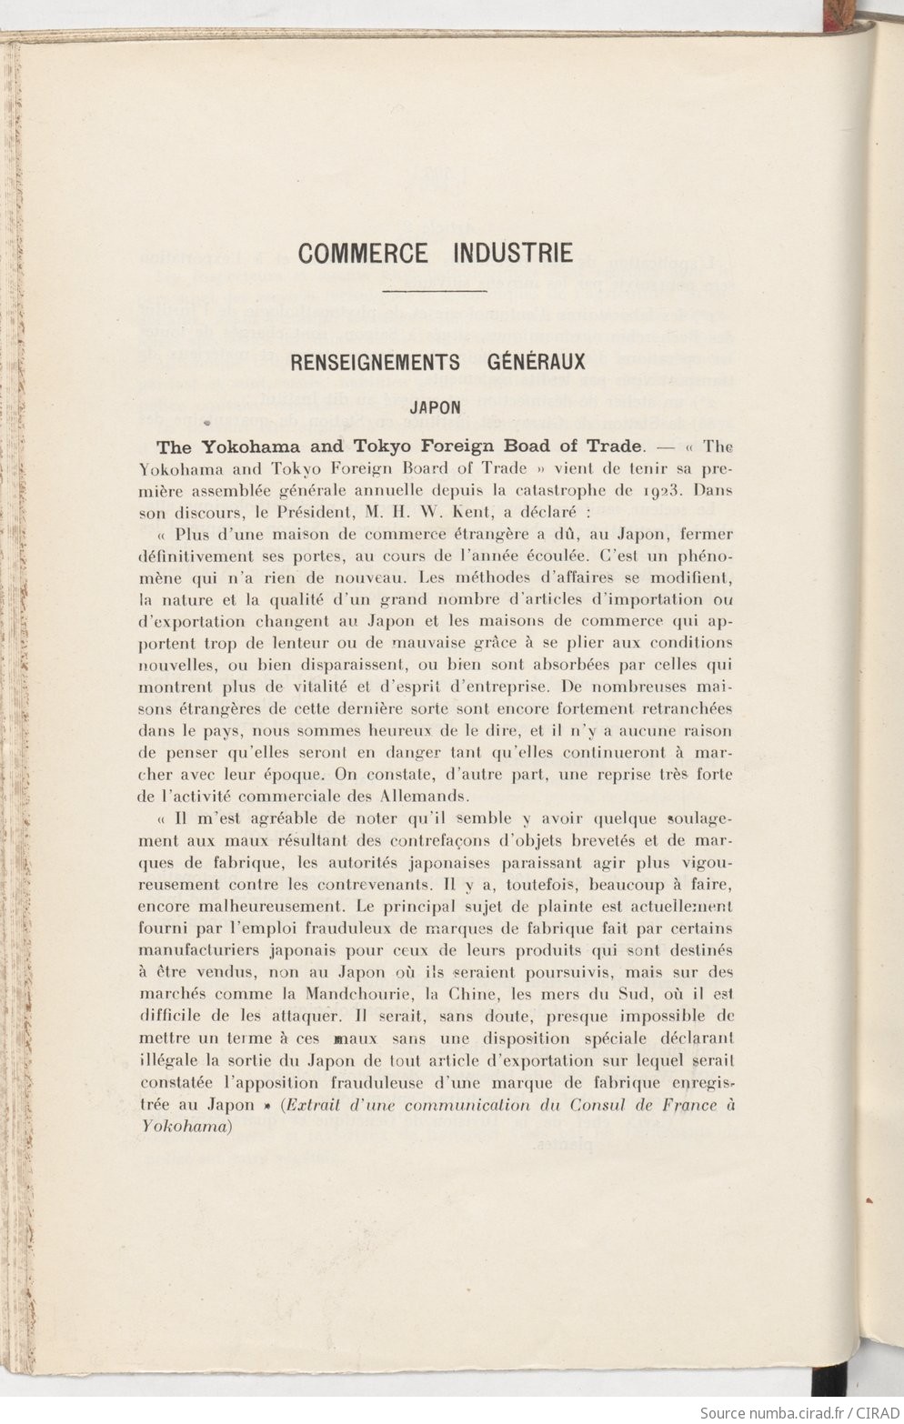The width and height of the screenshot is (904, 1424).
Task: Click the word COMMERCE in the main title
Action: point(362,252)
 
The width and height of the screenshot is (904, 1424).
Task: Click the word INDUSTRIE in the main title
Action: point(513,252)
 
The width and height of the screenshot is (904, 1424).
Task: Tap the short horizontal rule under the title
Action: point(436,291)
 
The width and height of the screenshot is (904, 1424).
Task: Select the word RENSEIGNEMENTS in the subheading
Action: point(375,362)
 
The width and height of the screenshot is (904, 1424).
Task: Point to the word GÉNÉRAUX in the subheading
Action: point(530,362)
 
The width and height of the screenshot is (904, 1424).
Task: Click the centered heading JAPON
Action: point(436,407)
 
